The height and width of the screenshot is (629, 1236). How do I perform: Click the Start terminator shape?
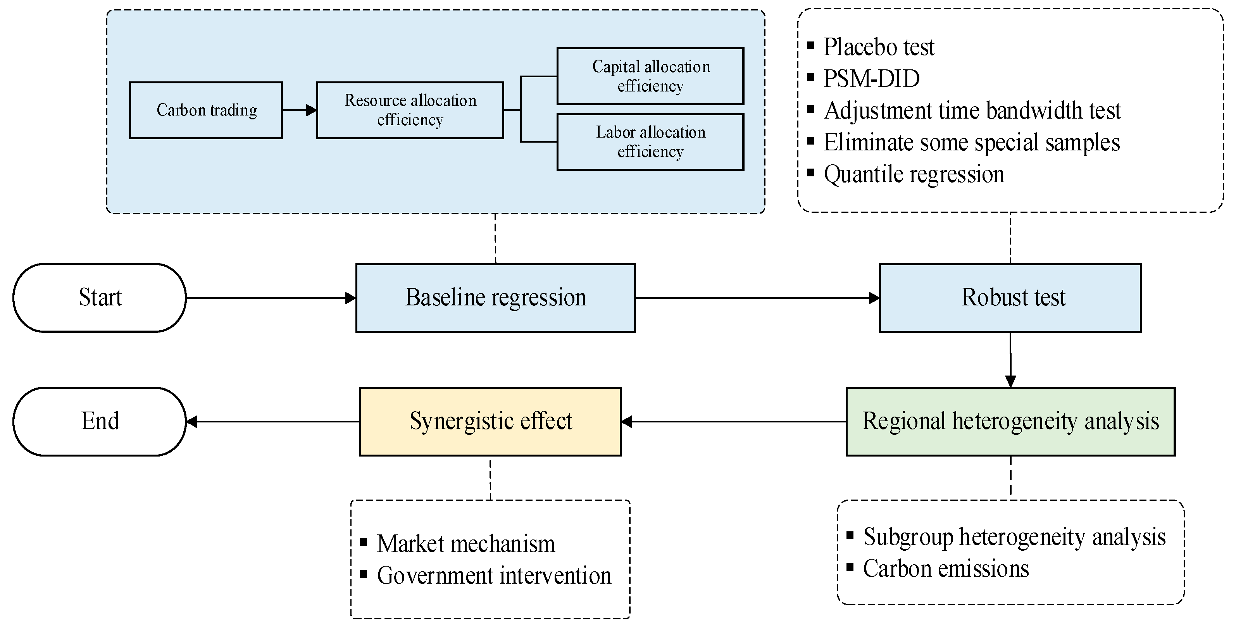point(99,298)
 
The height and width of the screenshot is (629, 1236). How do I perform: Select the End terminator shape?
point(99,421)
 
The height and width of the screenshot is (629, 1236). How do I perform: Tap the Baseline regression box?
point(495,298)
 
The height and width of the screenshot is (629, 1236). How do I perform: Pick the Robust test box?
point(1010,298)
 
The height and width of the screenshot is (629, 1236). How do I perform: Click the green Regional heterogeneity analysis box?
point(1010,421)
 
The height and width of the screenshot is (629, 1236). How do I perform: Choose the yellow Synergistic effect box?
point(490,421)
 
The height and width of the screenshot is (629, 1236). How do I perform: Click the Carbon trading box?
point(206,110)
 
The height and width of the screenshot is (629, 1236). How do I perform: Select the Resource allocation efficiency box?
point(410,110)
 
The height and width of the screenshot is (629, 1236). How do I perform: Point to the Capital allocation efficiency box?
point(650,76)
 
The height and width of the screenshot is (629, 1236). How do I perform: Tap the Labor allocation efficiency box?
point(650,141)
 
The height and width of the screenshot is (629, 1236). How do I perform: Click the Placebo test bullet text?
point(879,47)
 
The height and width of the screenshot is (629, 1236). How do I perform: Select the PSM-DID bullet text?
point(871,79)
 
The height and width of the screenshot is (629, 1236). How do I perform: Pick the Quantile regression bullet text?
point(914,174)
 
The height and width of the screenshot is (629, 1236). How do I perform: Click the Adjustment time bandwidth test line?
point(972,111)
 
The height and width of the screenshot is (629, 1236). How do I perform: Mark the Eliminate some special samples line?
point(971,143)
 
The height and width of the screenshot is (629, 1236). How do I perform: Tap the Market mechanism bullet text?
point(465,544)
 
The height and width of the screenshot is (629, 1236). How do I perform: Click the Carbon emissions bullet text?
point(945,569)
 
